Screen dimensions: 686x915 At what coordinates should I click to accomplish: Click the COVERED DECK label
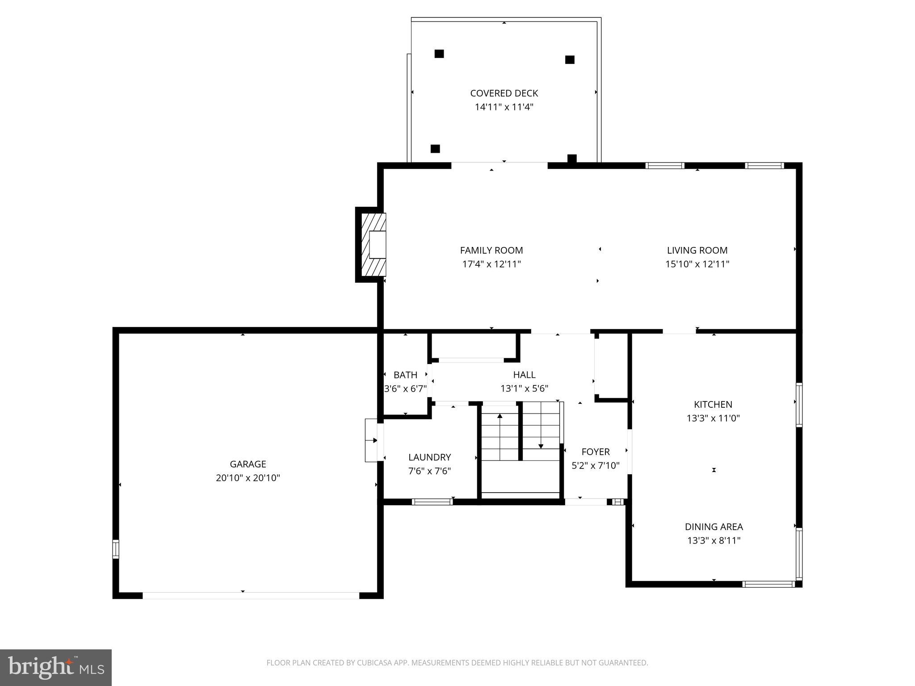(504, 93)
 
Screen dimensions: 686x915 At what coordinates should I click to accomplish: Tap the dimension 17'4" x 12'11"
(491, 264)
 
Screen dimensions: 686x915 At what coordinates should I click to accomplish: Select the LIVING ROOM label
(697, 251)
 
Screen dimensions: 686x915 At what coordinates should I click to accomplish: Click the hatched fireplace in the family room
(374, 245)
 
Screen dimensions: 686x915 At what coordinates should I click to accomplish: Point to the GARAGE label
(248, 464)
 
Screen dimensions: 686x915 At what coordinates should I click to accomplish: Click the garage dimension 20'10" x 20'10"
(248, 478)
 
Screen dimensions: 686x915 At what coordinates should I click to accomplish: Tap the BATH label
(405, 375)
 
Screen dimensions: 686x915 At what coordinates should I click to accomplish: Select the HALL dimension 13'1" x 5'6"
(524, 389)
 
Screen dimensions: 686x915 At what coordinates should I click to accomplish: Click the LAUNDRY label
(429, 457)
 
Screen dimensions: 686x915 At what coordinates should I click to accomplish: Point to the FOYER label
(596, 452)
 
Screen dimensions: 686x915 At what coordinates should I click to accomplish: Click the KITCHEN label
(713, 405)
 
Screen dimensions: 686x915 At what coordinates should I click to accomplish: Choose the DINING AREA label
(714, 527)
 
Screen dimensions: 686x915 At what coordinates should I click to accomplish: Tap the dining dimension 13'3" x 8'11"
(714, 541)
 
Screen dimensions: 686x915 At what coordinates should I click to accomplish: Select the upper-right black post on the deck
(570, 60)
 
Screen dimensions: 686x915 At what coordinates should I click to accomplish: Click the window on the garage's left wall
(116, 549)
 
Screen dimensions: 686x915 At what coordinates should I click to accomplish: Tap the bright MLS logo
(55, 667)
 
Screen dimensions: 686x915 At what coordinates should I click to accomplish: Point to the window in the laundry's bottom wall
(432, 502)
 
